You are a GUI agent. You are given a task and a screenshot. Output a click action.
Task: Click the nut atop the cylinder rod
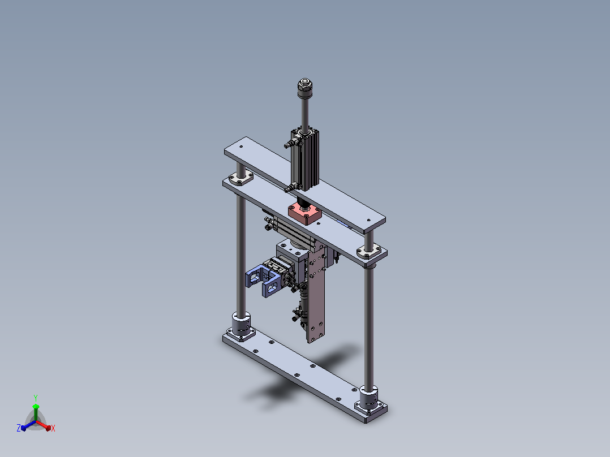[x=305, y=88]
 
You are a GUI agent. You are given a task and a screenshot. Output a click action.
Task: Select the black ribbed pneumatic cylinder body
[x=305, y=159]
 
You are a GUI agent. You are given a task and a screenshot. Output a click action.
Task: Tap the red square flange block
[x=305, y=214]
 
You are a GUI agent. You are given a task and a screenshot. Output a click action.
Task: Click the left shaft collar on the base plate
[x=241, y=325]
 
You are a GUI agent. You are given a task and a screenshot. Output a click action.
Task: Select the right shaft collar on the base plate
[x=368, y=398]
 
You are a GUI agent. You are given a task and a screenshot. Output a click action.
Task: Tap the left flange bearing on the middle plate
[x=241, y=179]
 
